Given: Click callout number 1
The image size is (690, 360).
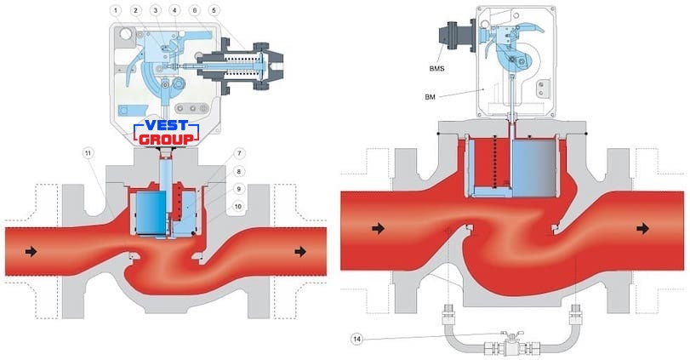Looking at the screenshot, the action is pos(117,10).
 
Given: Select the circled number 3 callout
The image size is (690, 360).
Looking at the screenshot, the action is pos(156,10).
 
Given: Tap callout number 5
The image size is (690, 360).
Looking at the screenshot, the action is pos(214,10).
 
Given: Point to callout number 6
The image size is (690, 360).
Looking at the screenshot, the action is pos(195,10).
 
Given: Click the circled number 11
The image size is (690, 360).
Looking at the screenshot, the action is pos(88,153).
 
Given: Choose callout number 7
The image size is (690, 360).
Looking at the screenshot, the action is pos(239,153).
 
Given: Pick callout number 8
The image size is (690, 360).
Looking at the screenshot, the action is pos(239,171).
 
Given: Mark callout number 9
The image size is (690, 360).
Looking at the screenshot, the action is pos(239,189).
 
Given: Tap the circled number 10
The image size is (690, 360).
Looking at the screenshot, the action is pos(238,207).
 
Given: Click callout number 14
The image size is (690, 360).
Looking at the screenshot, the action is pos(356,339).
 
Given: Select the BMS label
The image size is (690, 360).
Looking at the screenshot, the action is pos(437,69).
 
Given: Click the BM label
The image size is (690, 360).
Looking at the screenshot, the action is pos(430,97).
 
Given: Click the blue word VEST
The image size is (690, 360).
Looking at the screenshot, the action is pos(167,126).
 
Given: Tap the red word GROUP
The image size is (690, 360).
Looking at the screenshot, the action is pos(167,140).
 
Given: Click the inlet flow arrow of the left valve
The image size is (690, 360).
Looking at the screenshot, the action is pos(31,251).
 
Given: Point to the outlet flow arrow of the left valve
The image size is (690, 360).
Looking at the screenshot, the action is pos(300,251).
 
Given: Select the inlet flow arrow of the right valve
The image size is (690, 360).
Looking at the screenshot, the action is pos(378,228).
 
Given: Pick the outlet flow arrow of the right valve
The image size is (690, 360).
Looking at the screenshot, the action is pos(643,228).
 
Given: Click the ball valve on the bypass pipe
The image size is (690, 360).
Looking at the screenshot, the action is pos(512,343).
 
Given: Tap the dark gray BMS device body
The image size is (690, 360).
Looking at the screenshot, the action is pos(454,38).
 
